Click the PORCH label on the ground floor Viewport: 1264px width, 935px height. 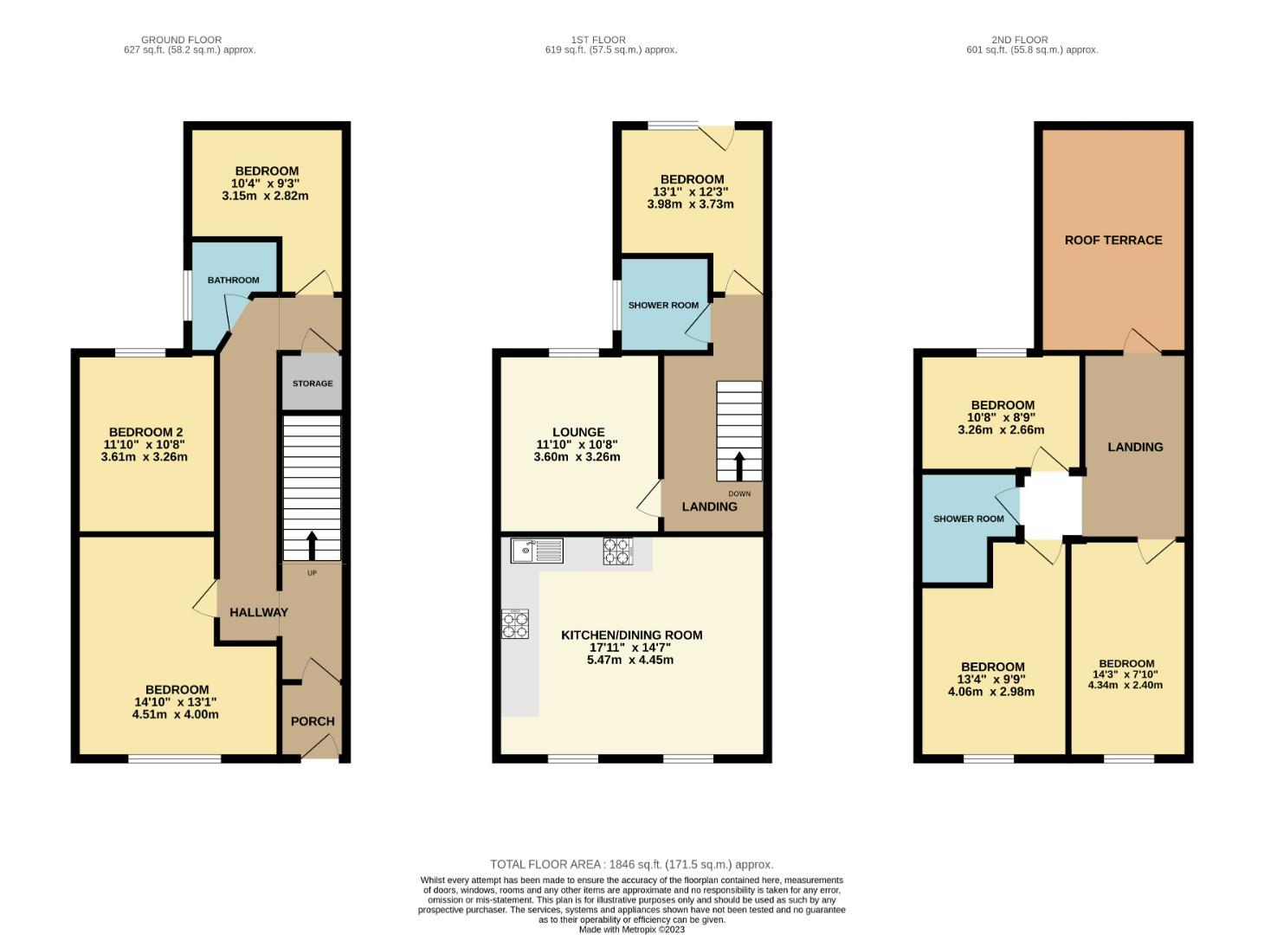point(313,721)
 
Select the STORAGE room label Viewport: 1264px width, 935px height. point(313,384)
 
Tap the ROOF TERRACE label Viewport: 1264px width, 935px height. point(1113,240)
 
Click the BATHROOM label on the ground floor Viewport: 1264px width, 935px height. point(233,280)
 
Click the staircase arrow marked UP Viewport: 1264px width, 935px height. point(312,545)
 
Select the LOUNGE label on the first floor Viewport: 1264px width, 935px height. point(578,432)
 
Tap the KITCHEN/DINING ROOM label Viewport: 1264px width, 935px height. point(631,635)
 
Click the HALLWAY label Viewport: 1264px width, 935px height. point(259,612)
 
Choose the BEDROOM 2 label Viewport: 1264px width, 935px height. point(145,432)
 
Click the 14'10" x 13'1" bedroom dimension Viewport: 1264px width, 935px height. point(175,702)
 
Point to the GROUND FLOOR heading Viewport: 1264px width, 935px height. point(181,40)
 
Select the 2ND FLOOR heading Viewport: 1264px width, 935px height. point(1020,40)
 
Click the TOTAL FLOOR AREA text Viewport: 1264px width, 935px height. point(631,864)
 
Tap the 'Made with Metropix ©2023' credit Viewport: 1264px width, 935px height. point(631,930)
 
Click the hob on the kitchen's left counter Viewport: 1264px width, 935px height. point(515,624)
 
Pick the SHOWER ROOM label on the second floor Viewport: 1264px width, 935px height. point(968,519)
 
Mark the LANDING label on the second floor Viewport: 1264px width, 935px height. point(1135,447)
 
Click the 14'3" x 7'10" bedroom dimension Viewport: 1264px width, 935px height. point(1126,674)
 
